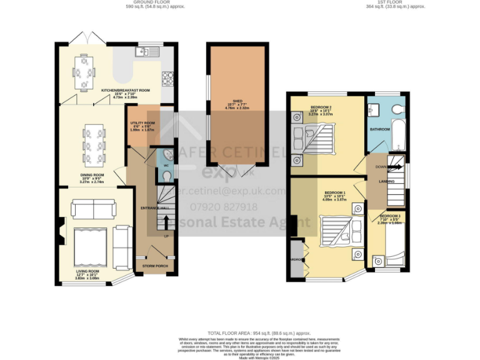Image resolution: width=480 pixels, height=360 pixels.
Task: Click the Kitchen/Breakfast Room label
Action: point(126,91)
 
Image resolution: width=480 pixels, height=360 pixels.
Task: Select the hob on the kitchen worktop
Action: point(167,78)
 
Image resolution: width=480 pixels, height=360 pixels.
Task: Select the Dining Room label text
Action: point(91,175)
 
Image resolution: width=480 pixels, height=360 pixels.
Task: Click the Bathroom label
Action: point(380,129)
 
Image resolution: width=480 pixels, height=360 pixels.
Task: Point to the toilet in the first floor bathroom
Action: point(395,109)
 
